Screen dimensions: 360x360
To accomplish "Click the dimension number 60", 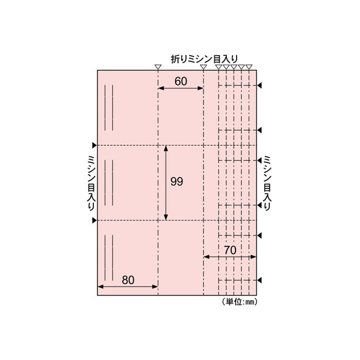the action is point(181,81).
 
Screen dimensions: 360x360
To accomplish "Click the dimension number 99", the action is point(177,182).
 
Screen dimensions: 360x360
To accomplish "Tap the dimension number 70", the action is point(230,250).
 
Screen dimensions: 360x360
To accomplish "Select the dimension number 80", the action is point(128,280).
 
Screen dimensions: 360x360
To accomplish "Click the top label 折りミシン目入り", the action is point(204,59).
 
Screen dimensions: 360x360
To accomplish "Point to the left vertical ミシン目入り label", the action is point(91,183).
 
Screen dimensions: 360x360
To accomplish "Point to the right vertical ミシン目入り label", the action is point(267,183).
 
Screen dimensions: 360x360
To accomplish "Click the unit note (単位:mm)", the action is point(240,302).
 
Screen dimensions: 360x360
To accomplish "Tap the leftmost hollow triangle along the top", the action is point(158,67).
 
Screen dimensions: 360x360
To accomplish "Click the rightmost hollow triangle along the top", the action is point(249,67).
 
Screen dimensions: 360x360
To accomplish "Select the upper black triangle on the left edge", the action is point(94,145).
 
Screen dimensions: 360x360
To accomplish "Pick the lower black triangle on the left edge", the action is point(94,220).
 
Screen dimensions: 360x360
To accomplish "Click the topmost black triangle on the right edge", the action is point(259,85).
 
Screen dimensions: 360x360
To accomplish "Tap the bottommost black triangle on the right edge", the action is point(259,281).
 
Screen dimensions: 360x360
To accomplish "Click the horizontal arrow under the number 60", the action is point(181,88).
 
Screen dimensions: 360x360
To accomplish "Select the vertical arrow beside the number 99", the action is point(166,183).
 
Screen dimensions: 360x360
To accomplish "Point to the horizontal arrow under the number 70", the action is point(230,256).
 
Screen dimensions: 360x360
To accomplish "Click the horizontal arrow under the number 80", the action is point(128,287).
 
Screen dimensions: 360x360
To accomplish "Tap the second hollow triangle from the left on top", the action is point(203,67).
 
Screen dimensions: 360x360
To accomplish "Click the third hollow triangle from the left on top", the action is point(219,67).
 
